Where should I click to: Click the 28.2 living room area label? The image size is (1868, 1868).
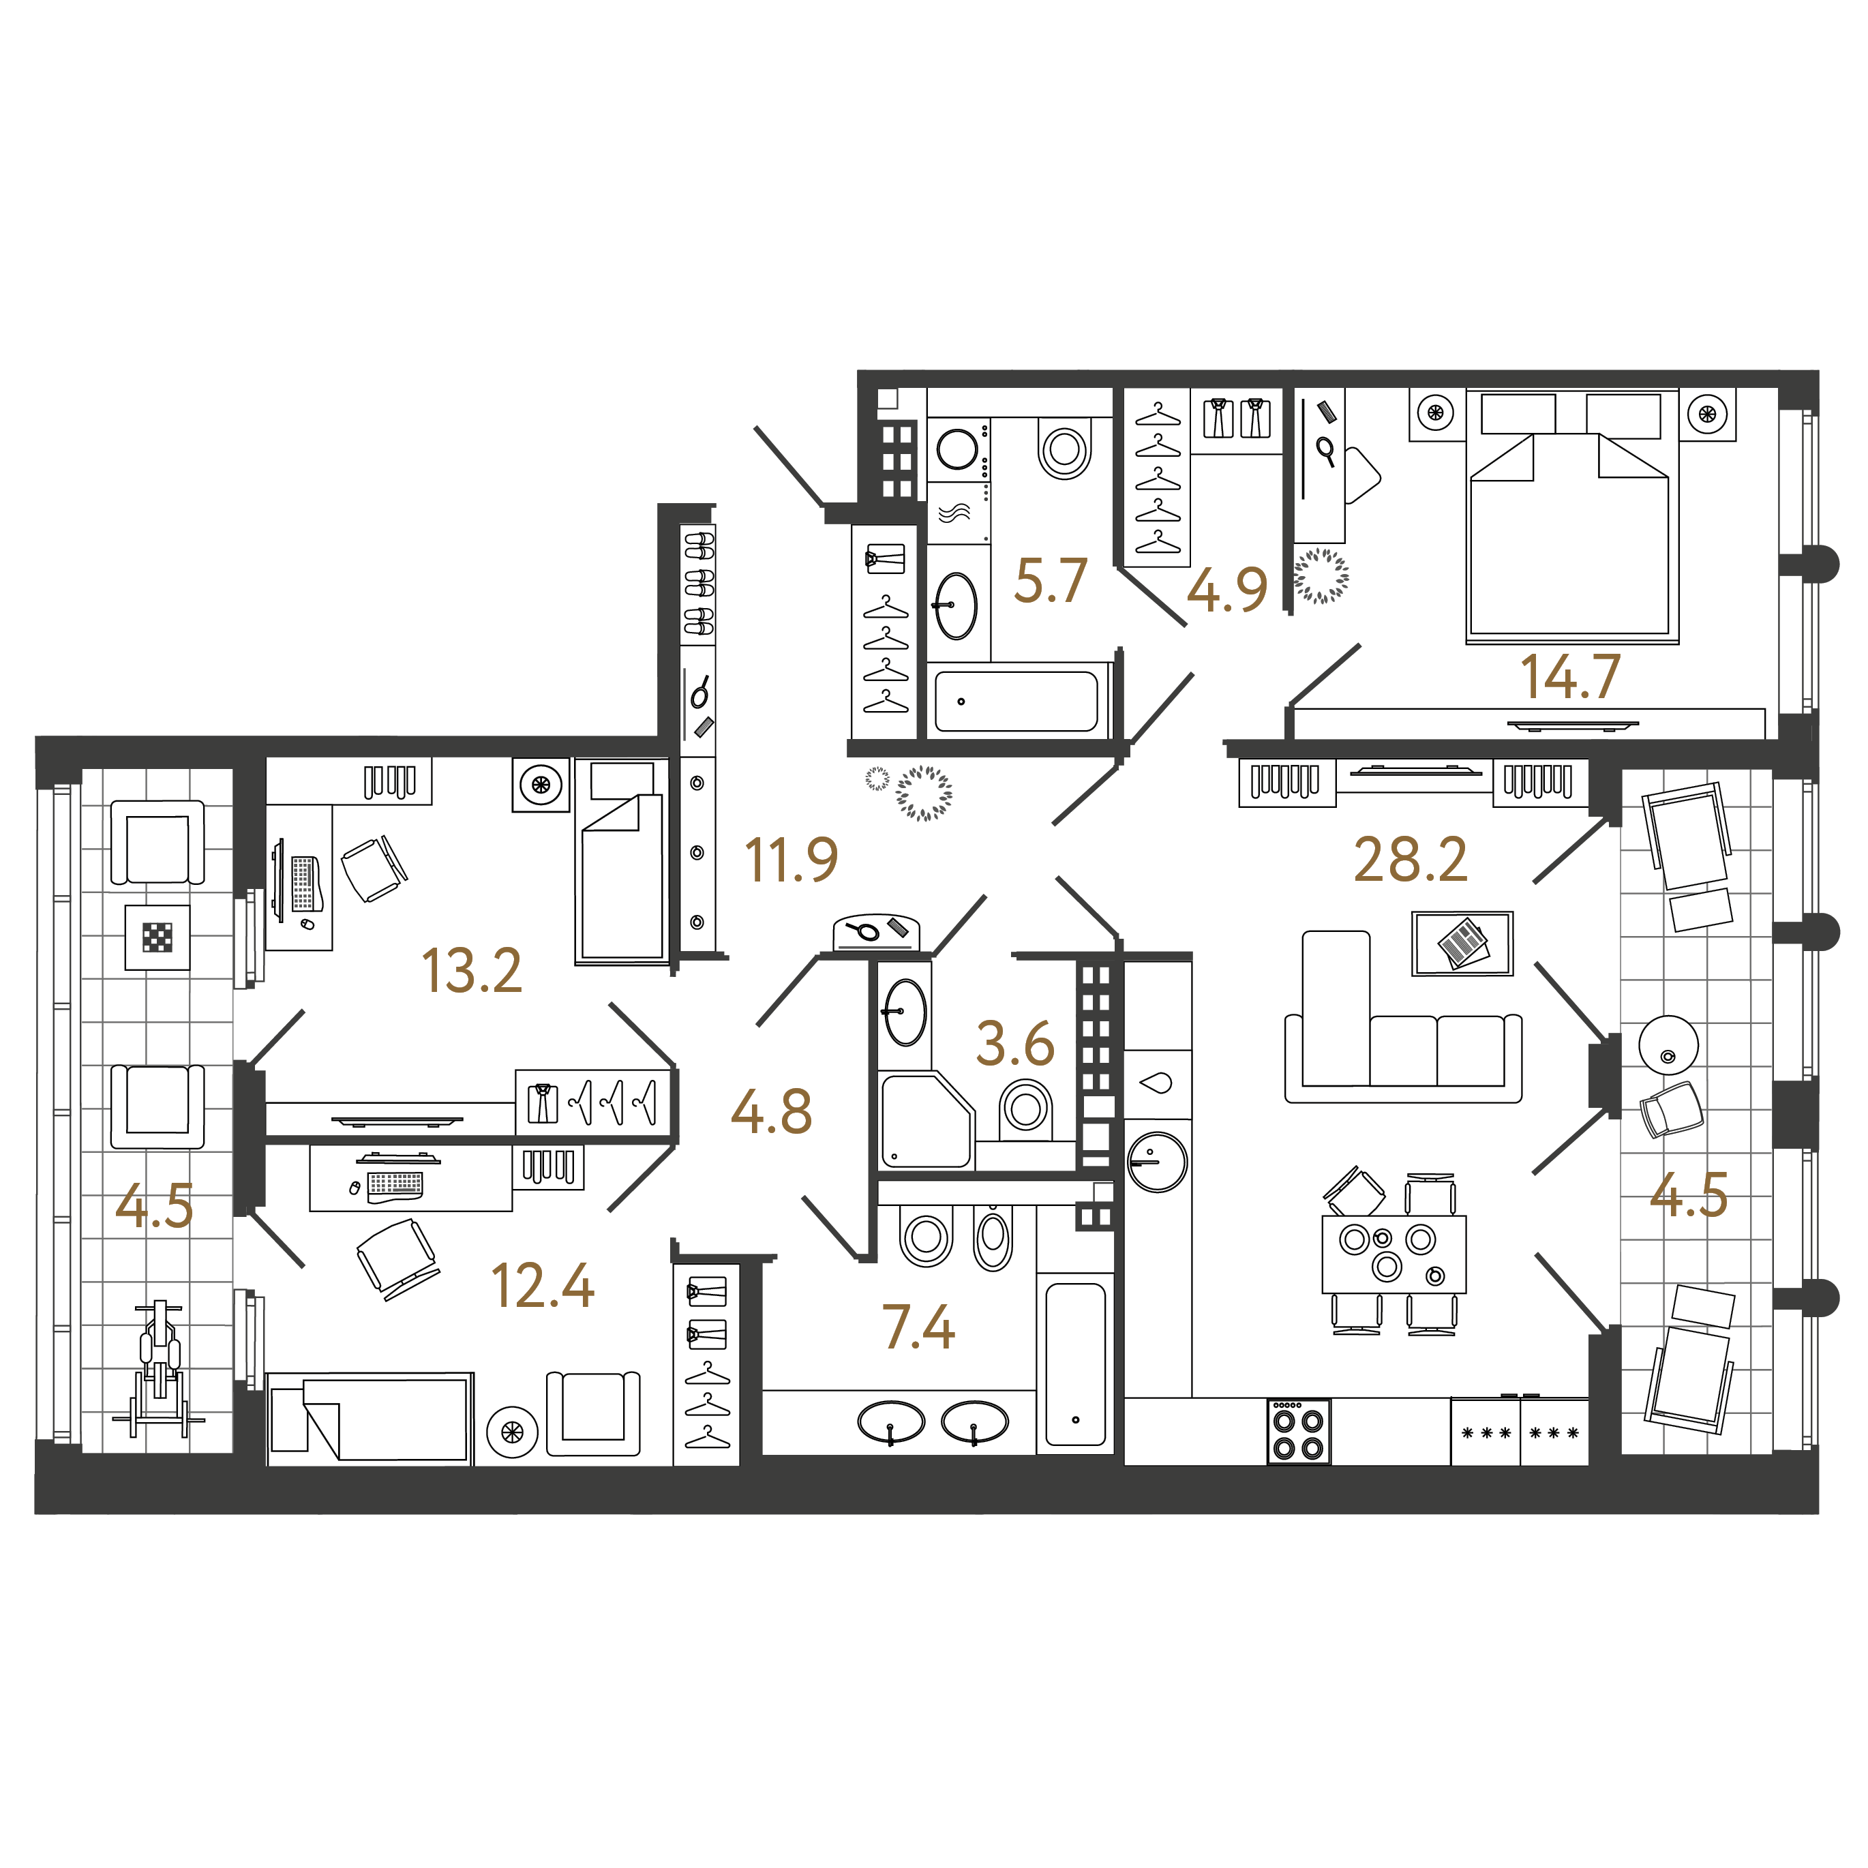tap(1411, 860)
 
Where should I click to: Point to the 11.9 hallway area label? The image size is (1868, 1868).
tap(791, 860)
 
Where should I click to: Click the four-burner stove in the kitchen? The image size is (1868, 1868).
tap(1299, 1432)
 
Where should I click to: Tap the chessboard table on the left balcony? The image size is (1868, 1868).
tap(157, 937)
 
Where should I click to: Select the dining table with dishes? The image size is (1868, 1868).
tap(1394, 1254)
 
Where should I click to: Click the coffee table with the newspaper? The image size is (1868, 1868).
tap(1462, 943)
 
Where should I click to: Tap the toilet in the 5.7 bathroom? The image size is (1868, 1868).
tap(1064, 448)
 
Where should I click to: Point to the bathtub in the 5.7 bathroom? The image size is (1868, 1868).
tap(1017, 701)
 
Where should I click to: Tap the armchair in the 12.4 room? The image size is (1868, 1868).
tap(592, 1413)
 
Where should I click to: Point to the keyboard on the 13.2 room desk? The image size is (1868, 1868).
tap(303, 884)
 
